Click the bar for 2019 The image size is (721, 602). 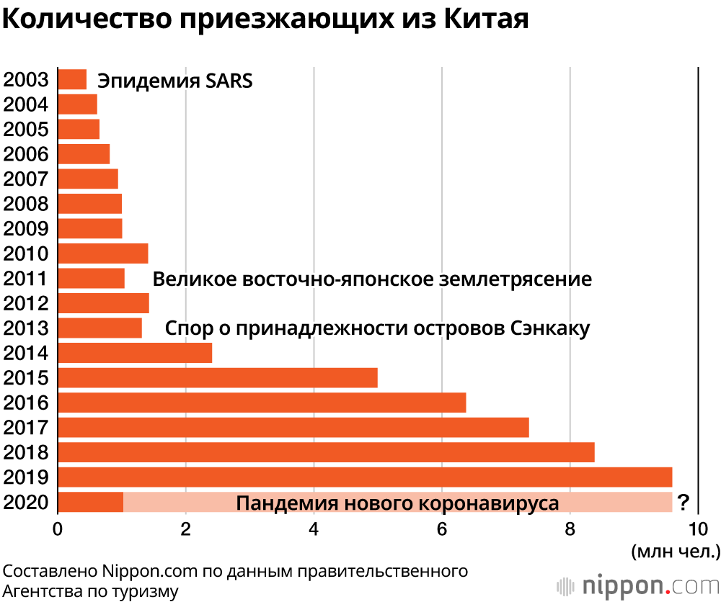pyautogui.click(x=364, y=477)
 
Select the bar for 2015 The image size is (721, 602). pyautogui.click(x=217, y=378)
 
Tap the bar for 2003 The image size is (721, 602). pyautogui.click(x=72, y=79)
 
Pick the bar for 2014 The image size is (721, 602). pyautogui.click(x=135, y=353)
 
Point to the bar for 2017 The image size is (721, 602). pyautogui.click(x=293, y=427)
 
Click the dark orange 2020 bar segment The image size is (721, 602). pyautogui.click(x=90, y=502)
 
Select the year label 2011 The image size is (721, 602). pyautogui.click(x=26, y=279)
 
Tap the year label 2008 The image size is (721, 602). pyautogui.click(x=26, y=204)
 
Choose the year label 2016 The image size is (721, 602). pyautogui.click(x=26, y=403)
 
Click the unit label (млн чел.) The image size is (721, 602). pyautogui.click(x=676, y=552)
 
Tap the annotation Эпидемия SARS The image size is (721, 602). pyautogui.click(x=175, y=80)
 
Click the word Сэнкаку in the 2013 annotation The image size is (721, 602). pyautogui.click(x=550, y=328)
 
